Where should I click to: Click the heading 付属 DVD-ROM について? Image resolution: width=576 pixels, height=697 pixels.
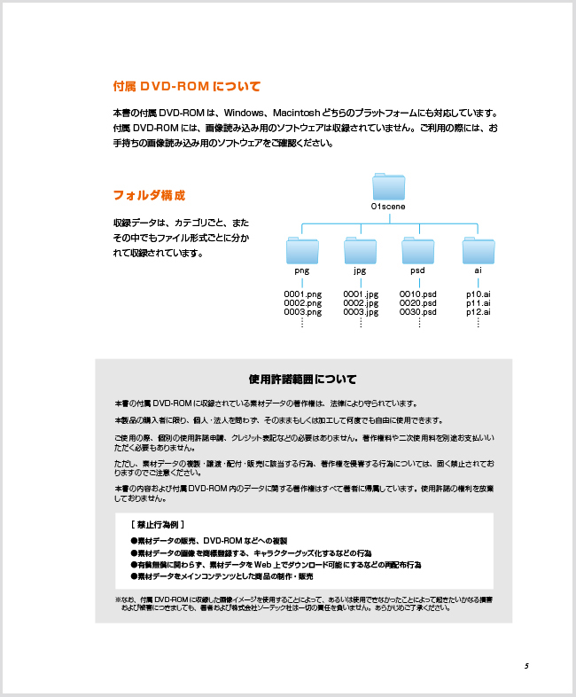186,87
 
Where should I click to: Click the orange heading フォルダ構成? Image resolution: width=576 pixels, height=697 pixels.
148,195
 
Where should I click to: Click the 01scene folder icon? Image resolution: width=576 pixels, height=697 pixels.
388,188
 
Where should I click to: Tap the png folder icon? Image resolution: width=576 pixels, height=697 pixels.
302,251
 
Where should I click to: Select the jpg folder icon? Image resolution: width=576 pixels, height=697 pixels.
360,251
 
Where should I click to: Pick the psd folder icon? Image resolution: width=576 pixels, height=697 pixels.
418,251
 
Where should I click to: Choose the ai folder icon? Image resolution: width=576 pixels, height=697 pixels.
478,251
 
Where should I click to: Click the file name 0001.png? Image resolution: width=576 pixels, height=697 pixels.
302,294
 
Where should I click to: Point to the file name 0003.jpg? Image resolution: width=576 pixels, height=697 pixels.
361,312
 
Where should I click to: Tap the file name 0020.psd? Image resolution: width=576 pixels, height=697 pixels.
418,303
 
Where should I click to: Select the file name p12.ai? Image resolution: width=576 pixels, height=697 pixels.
479,312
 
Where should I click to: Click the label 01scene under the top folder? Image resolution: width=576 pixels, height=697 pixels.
388,207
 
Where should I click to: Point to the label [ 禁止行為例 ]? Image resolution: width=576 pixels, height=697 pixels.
157,524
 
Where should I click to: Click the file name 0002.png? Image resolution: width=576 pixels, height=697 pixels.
302,303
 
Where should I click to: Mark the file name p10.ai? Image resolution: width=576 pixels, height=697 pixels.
479,294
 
